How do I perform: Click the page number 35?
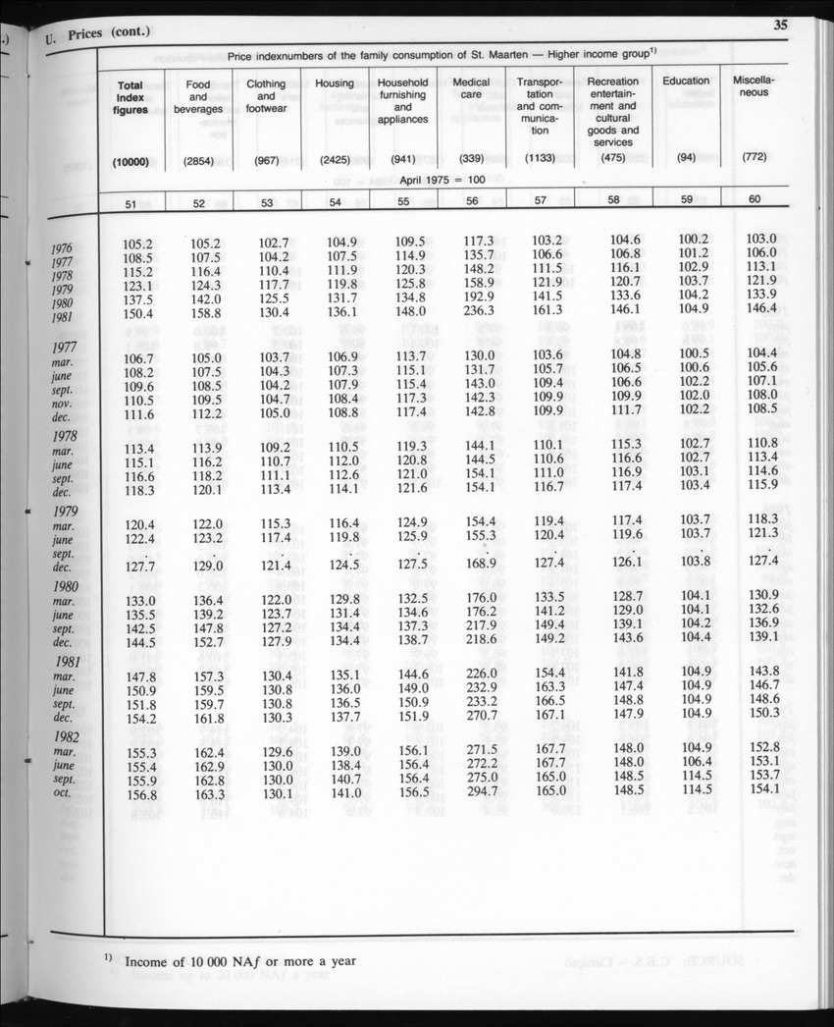(781, 27)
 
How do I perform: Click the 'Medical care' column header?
(471, 88)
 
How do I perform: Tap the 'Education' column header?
(686, 81)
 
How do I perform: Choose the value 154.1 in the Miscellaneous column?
(761, 789)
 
